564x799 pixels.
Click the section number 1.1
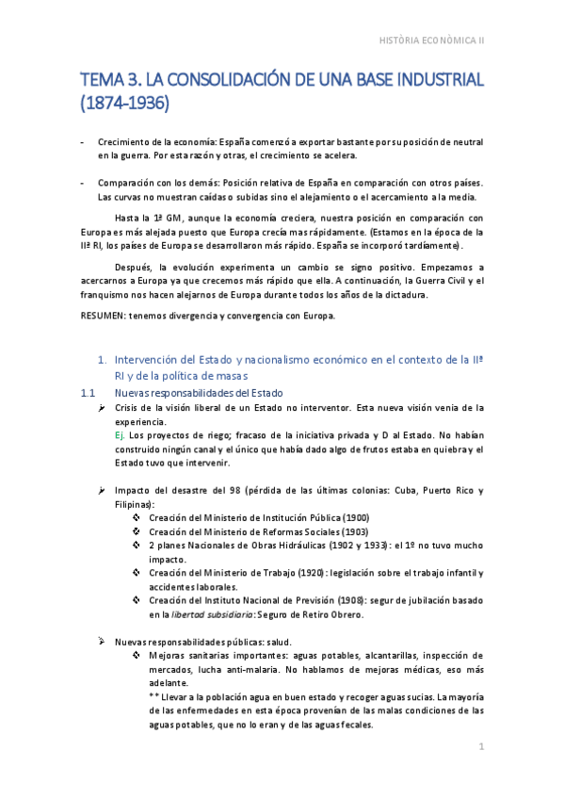click(89, 392)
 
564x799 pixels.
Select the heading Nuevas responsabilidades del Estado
click(198, 392)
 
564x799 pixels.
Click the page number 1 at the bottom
click(481, 747)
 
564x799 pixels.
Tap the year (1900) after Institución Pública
click(356, 517)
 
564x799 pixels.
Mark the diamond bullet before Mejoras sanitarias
click(137, 656)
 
